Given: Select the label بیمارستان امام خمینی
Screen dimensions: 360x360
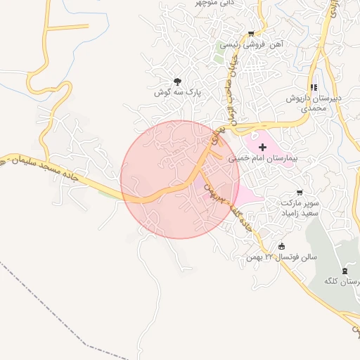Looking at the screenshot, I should pyautogui.click(x=264, y=159).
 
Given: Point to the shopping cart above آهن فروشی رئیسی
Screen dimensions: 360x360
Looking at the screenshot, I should pyautogui.click(x=251, y=34).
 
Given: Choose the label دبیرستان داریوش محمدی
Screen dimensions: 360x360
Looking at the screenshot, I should pyautogui.click(x=320, y=103).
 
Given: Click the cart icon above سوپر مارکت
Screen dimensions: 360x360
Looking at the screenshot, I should pyautogui.click(x=300, y=192).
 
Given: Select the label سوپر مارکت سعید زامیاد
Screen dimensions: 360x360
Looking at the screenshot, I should pyautogui.click(x=300, y=207).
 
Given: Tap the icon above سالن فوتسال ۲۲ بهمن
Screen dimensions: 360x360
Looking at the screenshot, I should pyautogui.click(x=282, y=246).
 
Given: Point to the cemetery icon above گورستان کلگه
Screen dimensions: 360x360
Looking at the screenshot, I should pyautogui.click(x=345, y=271).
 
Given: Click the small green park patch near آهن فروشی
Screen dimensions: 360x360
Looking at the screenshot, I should pyautogui.click(x=219, y=56).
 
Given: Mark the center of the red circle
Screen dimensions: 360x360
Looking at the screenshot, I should pyautogui.click(x=180, y=179).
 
